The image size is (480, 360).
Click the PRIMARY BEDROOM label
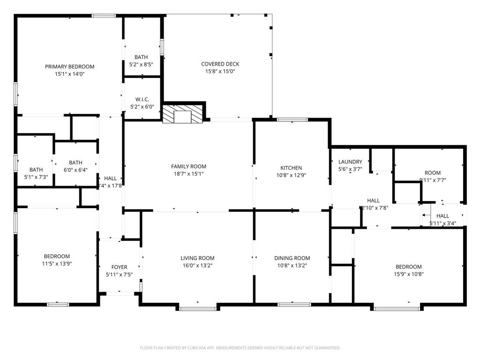coord(69,67)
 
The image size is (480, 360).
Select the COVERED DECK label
coord(220,64)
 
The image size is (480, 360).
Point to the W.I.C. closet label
coord(142,99)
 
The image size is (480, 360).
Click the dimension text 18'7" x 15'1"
coord(188,174)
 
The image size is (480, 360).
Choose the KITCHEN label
coord(291,168)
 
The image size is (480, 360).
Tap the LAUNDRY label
coord(350,162)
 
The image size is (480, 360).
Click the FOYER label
coord(119,267)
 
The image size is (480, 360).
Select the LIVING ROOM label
coord(197,258)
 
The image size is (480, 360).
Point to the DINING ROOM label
coord(292,258)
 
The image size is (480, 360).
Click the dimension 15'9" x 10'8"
coord(408,274)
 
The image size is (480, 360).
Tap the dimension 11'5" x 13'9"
coord(57,263)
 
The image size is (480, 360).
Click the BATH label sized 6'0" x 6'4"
coord(75,163)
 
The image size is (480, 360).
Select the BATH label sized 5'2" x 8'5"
coord(141,57)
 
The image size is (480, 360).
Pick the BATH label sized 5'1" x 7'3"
coord(36,170)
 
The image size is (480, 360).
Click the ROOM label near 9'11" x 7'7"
coord(432,173)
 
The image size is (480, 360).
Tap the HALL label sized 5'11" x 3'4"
coord(442,216)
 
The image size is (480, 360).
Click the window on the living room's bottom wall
coord(198,308)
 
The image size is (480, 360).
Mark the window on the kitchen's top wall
coord(292,120)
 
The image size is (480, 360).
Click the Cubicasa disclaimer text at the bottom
coord(240,348)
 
